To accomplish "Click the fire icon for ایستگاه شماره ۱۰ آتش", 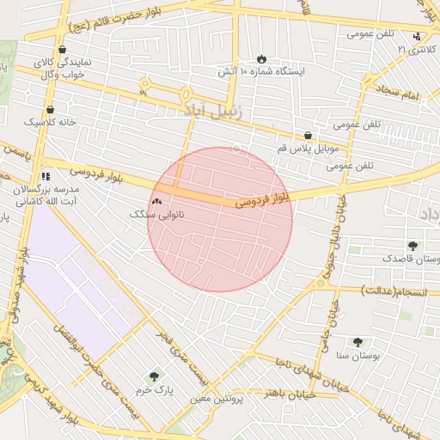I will click(261, 58).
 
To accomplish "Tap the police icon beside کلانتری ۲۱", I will click(417, 36).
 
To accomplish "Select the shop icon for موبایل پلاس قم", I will click(308, 135).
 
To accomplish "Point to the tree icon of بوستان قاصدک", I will click(412, 245).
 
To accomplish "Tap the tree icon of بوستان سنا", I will click(357, 341).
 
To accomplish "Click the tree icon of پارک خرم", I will click(154, 376).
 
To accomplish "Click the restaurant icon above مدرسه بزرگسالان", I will click(46, 176).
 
